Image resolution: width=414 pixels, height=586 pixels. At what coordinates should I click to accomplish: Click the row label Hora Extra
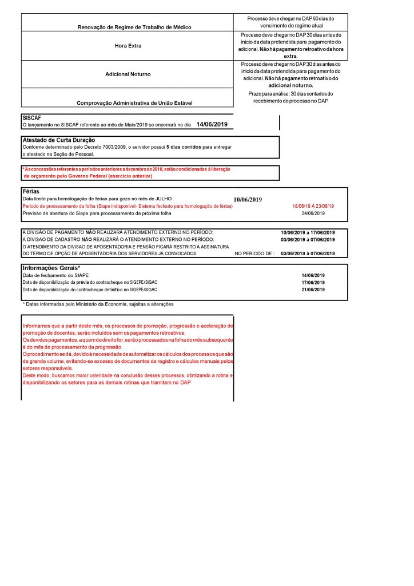(128, 45)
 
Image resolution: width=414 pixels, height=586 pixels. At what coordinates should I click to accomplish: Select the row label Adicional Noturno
(128, 74)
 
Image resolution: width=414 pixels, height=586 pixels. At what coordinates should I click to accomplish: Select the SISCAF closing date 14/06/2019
(212, 124)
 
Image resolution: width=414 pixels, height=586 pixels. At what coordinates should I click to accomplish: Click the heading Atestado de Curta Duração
(58, 140)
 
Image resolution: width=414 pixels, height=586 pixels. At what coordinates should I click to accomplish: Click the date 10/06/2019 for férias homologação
(248, 200)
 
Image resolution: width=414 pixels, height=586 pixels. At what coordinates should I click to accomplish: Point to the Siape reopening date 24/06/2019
(313, 213)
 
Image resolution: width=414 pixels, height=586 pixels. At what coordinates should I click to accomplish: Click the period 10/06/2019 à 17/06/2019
(308, 232)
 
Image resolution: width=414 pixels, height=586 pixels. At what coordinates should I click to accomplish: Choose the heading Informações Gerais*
(51, 268)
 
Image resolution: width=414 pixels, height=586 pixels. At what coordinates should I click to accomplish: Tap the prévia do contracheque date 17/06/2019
(313, 283)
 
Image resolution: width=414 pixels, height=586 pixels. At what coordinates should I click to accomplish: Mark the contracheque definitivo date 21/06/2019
(313, 290)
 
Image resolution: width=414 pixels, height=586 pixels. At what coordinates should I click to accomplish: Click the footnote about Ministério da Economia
(98, 304)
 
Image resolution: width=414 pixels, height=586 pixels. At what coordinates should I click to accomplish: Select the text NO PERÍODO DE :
(254, 252)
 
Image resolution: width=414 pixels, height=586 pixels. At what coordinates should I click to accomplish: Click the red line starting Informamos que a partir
(127, 326)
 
